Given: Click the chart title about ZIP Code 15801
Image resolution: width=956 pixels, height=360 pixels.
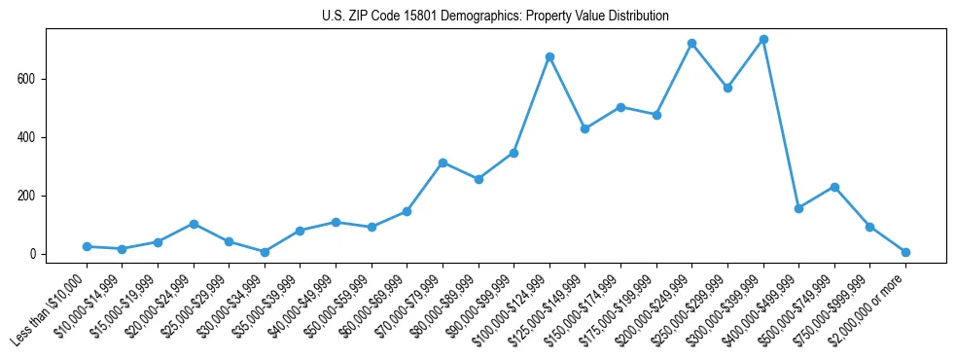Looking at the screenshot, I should tap(495, 17).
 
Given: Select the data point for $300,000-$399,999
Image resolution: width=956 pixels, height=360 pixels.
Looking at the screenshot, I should tap(763, 40).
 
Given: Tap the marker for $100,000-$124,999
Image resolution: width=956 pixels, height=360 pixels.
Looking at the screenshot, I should tap(549, 56).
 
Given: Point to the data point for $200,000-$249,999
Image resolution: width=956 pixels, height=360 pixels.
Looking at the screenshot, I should tap(691, 44).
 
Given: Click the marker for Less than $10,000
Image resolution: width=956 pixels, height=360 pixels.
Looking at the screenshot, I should tap(87, 247).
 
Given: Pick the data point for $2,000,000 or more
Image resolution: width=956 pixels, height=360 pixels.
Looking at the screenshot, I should tap(905, 252).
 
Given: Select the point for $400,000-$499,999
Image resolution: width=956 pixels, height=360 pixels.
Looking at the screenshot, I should tap(798, 208).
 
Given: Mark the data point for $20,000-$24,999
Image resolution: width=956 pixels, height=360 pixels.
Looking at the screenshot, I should tap(194, 224).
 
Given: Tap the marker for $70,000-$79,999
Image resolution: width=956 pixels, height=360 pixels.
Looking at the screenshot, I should tap(443, 162).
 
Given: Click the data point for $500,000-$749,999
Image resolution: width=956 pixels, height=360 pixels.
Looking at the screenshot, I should tap(834, 187).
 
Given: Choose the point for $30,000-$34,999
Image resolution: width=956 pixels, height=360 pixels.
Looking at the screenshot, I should tap(265, 252).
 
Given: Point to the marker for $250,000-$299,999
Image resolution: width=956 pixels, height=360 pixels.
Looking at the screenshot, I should tap(727, 88).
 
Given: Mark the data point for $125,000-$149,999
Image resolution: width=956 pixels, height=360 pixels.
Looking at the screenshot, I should tap(585, 128).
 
